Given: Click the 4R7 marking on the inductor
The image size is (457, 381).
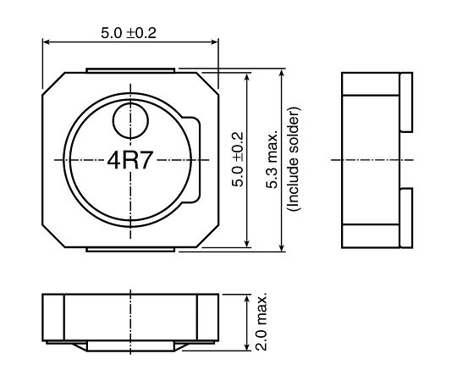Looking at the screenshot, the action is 130,161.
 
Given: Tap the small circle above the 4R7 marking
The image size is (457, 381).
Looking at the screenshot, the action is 130,121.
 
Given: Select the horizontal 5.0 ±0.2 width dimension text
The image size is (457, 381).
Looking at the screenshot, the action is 129,33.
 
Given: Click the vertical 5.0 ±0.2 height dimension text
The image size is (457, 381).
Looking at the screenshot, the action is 238,159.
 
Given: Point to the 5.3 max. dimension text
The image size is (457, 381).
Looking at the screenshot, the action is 272,161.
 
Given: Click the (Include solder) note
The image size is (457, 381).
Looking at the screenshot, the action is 293,159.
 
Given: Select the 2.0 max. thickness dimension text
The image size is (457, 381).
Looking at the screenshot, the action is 262,321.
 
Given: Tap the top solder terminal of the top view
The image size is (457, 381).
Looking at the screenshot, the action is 130,70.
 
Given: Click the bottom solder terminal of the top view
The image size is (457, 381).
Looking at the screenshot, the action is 130,250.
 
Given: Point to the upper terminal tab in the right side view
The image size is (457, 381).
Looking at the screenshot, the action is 406,102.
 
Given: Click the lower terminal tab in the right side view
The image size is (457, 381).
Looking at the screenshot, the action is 406,218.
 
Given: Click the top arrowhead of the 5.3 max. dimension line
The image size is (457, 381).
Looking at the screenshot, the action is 282,73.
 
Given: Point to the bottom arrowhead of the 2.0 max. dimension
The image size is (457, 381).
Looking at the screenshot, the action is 247,346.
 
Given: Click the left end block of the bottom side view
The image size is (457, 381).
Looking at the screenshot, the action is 53,317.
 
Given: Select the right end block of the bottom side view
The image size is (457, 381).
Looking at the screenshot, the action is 207,317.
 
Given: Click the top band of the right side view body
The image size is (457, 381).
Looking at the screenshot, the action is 371,84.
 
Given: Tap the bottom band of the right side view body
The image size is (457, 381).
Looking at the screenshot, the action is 371,236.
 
